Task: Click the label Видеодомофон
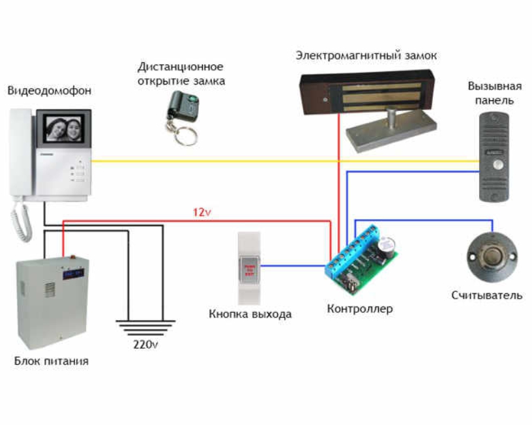pyautogui.click(x=50, y=90)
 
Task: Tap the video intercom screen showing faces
pyautogui.click(x=63, y=132)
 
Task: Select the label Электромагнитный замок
pyautogui.click(x=366, y=55)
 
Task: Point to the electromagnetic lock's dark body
pyautogui.click(x=365, y=93)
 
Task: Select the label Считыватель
pyautogui.click(x=487, y=295)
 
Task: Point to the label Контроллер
pyautogui.click(x=360, y=308)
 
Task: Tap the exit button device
pyautogui.click(x=250, y=268)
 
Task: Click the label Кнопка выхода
pyautogui.click(x=250, y=314)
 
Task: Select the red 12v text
pyautogui.click(x=202, y=212)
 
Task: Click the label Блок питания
pyautogui.click(x=52, y=360)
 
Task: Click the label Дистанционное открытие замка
pyautogui.click(x=181, y=74)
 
